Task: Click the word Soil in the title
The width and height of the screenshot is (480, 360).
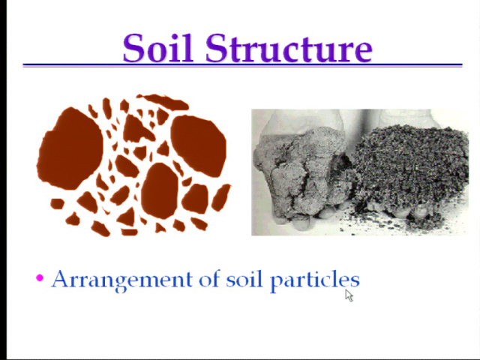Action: point(158,48)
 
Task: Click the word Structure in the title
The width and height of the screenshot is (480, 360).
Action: point(289,48)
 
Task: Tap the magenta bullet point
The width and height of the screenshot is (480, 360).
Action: point(40,277)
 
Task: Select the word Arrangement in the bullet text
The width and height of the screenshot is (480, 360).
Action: point(122,280)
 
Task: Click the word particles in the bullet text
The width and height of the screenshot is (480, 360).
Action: point(315,280)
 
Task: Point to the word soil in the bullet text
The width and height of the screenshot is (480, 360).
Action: point(244,279)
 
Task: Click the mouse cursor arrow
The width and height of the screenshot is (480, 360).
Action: point(349,295)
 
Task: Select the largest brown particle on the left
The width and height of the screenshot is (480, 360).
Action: point(70,148)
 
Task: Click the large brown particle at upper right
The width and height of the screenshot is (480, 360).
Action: point(199,145)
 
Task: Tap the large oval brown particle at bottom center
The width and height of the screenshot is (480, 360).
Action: point(160,190)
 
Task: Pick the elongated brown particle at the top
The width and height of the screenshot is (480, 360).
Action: point(163,102)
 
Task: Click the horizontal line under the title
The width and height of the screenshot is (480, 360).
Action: point(242,65)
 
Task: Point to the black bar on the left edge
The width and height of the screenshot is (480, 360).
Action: point(3,180)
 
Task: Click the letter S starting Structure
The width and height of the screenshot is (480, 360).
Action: point(217,48)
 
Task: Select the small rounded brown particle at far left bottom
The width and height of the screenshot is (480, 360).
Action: point(57,203)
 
